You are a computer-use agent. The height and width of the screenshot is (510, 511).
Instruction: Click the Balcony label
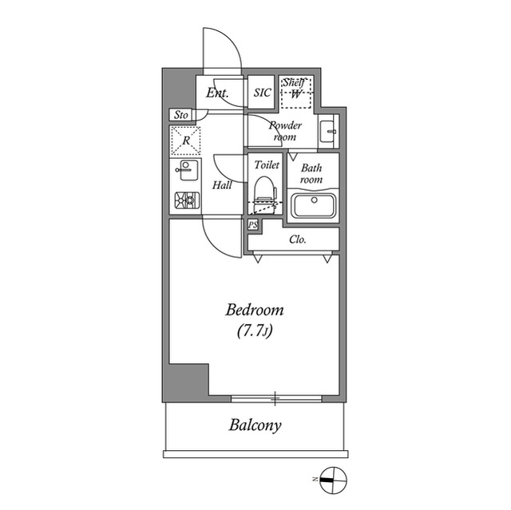(x=255, y=425)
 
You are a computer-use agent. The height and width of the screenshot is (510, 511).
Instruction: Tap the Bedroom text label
(x=255, y=310)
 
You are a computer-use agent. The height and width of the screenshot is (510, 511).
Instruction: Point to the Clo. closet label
(x=298, y=239)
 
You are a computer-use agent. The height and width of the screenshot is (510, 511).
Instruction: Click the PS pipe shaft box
(x=253, y=226)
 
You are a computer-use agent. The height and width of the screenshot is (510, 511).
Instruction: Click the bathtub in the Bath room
(x=313, y=205)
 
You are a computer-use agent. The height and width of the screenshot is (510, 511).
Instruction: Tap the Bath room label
(x=311, y=174)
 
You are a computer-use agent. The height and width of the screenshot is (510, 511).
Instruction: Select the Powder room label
(x=285, y=131)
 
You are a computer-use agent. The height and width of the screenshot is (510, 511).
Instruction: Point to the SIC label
(x=263, y=93)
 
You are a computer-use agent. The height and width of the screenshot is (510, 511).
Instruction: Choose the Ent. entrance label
(x=217, y=93)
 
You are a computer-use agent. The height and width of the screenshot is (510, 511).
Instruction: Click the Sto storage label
(x=181, y=116)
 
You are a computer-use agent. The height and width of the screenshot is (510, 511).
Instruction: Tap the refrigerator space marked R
(x=185, y=141)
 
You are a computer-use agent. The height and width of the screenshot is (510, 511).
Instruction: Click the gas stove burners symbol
(x=185, y=200)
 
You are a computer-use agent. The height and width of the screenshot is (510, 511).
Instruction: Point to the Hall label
(x=223, y=185)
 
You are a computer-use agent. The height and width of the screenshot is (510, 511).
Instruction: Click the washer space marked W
(x=296, y=94)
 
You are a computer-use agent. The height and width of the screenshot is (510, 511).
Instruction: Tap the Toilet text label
(x=266, y=165)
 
